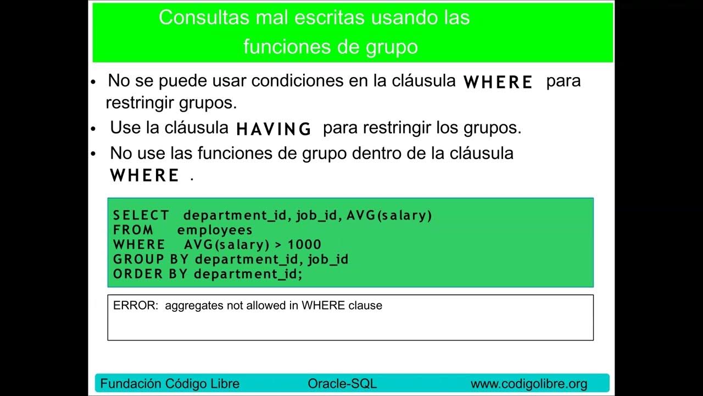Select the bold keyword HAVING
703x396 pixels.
tap(274, 129)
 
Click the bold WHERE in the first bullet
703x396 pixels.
tap(498, 82)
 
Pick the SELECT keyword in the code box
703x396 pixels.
tap(141, 216)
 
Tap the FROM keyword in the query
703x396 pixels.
tap(133, 230)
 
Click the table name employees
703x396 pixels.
tap(215, 230)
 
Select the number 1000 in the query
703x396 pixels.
tap(304, 245)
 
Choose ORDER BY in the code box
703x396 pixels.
tap(150, 274)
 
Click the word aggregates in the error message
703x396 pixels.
tap(194, 306)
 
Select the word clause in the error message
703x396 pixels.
tap(365, 306)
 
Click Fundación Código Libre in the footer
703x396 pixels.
tap(170, 384)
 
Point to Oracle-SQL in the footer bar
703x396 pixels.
tap(342, 384)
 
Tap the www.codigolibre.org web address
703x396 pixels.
tap(529, 384)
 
